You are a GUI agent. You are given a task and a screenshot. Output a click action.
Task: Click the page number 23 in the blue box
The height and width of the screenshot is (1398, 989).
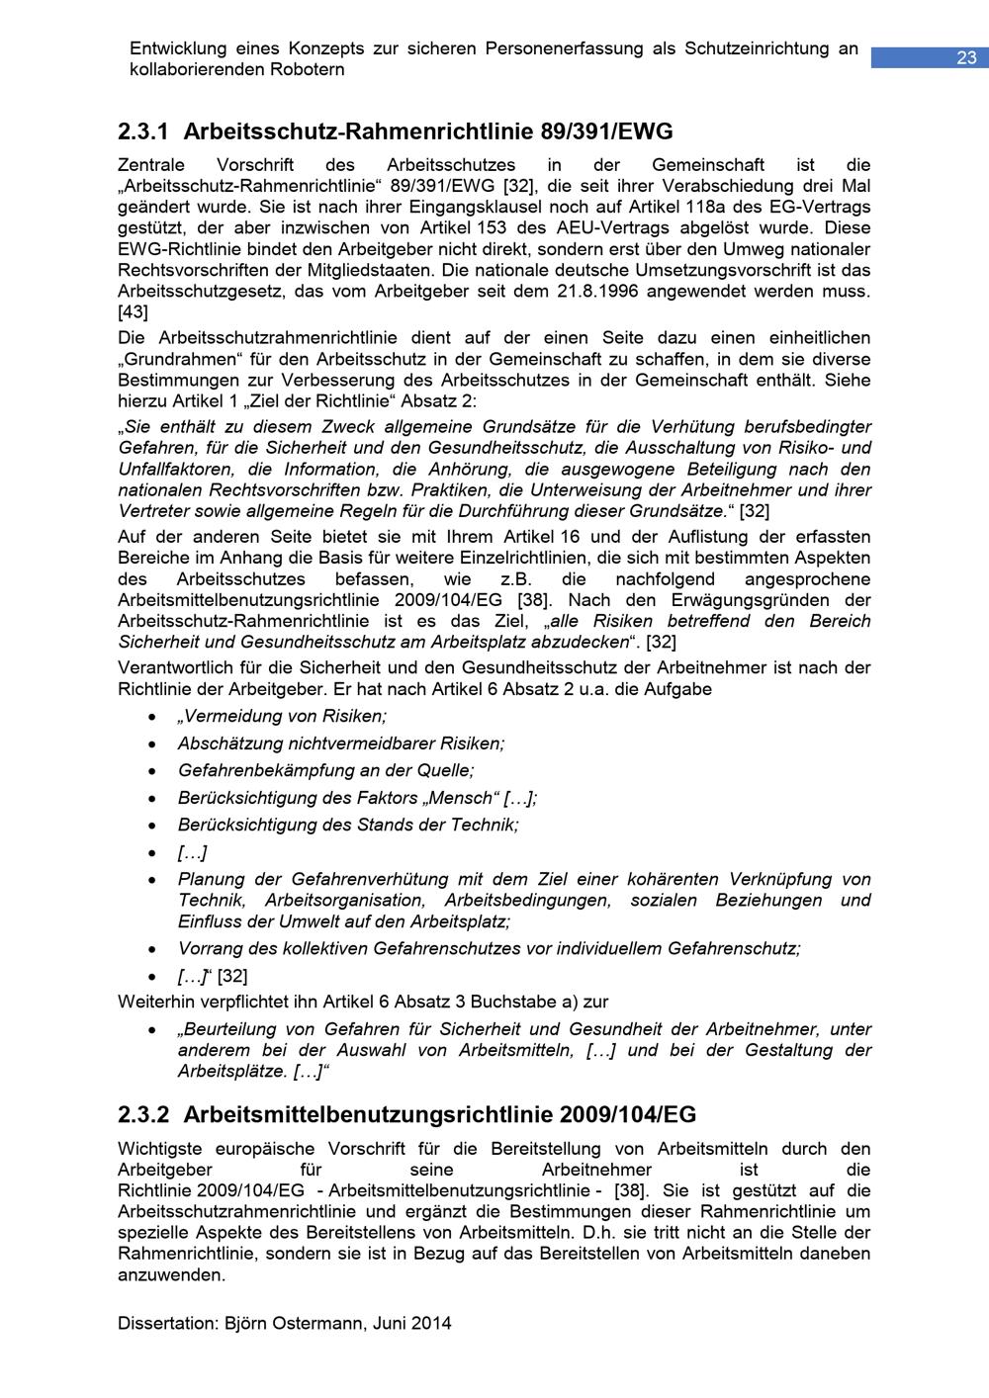(x=965, y=58)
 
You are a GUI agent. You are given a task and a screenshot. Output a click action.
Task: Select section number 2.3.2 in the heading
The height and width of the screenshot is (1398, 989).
(x=143, y=1115)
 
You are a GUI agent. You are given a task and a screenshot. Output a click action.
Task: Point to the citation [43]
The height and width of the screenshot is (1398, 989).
(x=133, y=311)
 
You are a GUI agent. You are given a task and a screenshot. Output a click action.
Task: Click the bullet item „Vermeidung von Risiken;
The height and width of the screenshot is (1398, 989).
(x=282, y=716)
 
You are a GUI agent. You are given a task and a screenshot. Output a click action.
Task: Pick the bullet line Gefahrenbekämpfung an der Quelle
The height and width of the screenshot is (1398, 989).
(x=325, y=770)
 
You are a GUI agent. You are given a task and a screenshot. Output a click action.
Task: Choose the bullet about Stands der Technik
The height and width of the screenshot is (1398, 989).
(x=348, y=825)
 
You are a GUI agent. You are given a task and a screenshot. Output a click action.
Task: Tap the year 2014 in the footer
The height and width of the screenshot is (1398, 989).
(x=432, y=1323)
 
